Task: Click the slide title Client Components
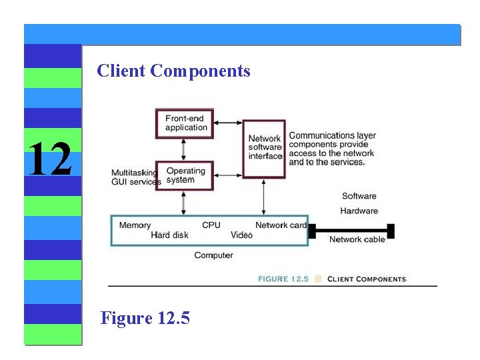[x=173, y=71]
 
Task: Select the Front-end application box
[x=185, y=123]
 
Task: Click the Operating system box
[x=185, y=175]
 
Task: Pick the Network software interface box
[x=264, y=148]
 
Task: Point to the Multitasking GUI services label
[x=135, y=177]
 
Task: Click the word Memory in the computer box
[x=135, y=225]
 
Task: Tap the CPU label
[x=211, y=225]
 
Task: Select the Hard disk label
[x=169, y=235]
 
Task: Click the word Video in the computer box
[x=241, y=235]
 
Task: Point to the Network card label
[x=281, y=225]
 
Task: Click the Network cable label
[x=357, y=239]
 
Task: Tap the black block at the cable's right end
[x=391, y=231]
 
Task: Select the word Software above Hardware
[x=359, y=196]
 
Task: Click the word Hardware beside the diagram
[x=359, y=211]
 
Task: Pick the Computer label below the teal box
[x=213, y=255]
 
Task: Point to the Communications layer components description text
[x=331, y=149]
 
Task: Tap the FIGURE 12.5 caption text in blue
[x=283, y=279]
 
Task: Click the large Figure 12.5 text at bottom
[x=145, y=318]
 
